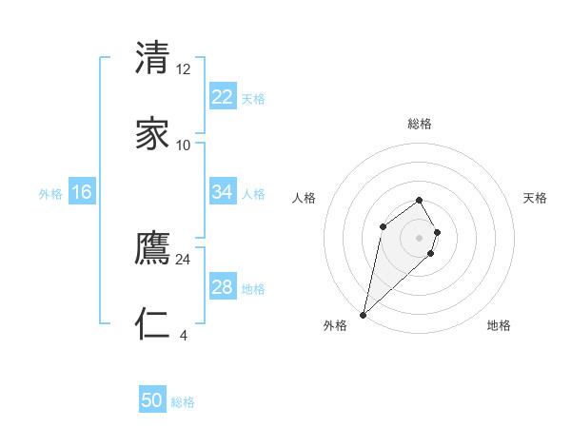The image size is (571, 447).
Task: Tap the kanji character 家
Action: (x=153, y=134)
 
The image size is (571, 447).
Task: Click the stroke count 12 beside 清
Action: (x=184, y=69)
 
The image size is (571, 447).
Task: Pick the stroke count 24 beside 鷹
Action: (x=184, y=259)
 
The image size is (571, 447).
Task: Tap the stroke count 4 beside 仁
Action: (x=183, y=335)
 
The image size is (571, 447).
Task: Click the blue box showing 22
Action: (x=222, y=97)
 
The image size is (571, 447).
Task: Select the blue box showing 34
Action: (x=222, y=192)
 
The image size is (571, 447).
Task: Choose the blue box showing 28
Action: (x=222, y=287)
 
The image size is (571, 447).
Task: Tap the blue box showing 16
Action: (x=81, y=192)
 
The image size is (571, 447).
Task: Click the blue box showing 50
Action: (x=152, y=400)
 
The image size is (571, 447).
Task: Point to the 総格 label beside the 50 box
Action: (x=183, y=402)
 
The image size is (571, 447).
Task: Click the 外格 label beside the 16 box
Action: (x=50, y=194)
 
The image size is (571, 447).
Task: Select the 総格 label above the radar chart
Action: (x=419, y=124)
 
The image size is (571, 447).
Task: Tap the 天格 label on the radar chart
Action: (x=535, y=198)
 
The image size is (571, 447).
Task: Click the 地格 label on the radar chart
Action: (x=499, y=325)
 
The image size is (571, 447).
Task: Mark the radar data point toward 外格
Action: (x=363, y=315)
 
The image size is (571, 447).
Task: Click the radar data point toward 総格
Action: (x=419, y=200)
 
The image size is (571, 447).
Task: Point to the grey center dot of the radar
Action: (x=419, y=238)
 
